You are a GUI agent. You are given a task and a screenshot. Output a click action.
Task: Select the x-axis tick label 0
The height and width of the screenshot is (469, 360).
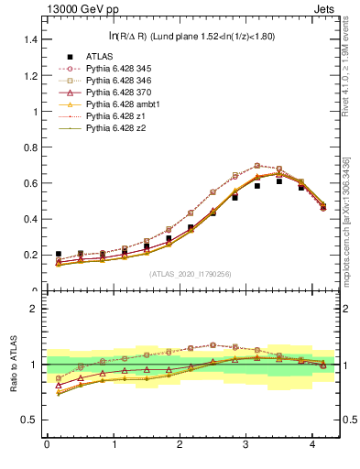tap(47, 444)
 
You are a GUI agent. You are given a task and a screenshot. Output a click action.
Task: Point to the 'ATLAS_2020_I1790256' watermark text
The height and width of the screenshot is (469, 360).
tap(191, 274)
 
